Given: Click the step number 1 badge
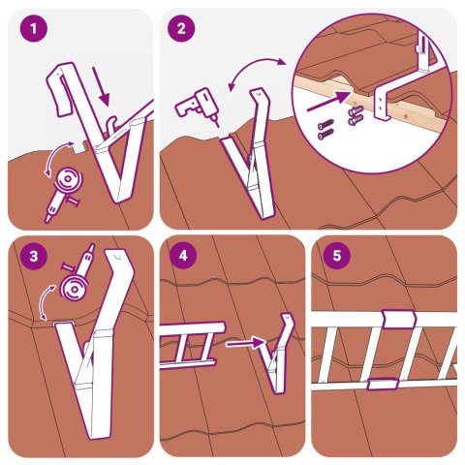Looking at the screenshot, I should point(35,30).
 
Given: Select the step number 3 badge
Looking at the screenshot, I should point(35,258).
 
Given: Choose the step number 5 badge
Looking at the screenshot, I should point(335,258).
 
